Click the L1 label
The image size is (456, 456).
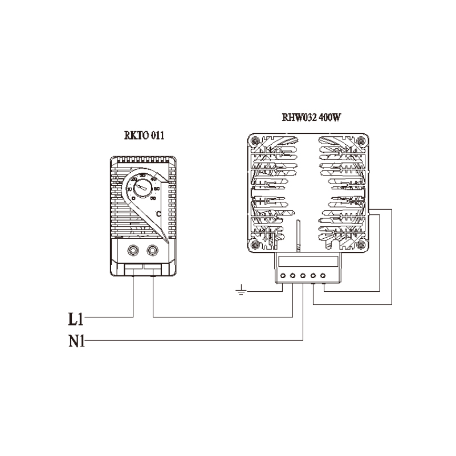[76, 316]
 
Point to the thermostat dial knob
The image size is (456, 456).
[146, 186]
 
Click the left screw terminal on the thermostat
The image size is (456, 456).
[133, 250]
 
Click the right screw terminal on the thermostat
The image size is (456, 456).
[153, 250]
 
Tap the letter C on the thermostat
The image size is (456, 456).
[158, 213]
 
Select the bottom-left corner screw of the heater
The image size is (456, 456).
[256, 244]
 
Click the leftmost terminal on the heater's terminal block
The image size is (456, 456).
[283, 276]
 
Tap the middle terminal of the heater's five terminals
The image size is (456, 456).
[303, 276]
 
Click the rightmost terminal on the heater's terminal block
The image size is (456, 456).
[323, 276]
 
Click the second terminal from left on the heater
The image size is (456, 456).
[292, 276]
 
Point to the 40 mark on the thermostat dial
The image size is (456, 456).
[154, 179]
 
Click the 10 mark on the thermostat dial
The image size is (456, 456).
[129, 189]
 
